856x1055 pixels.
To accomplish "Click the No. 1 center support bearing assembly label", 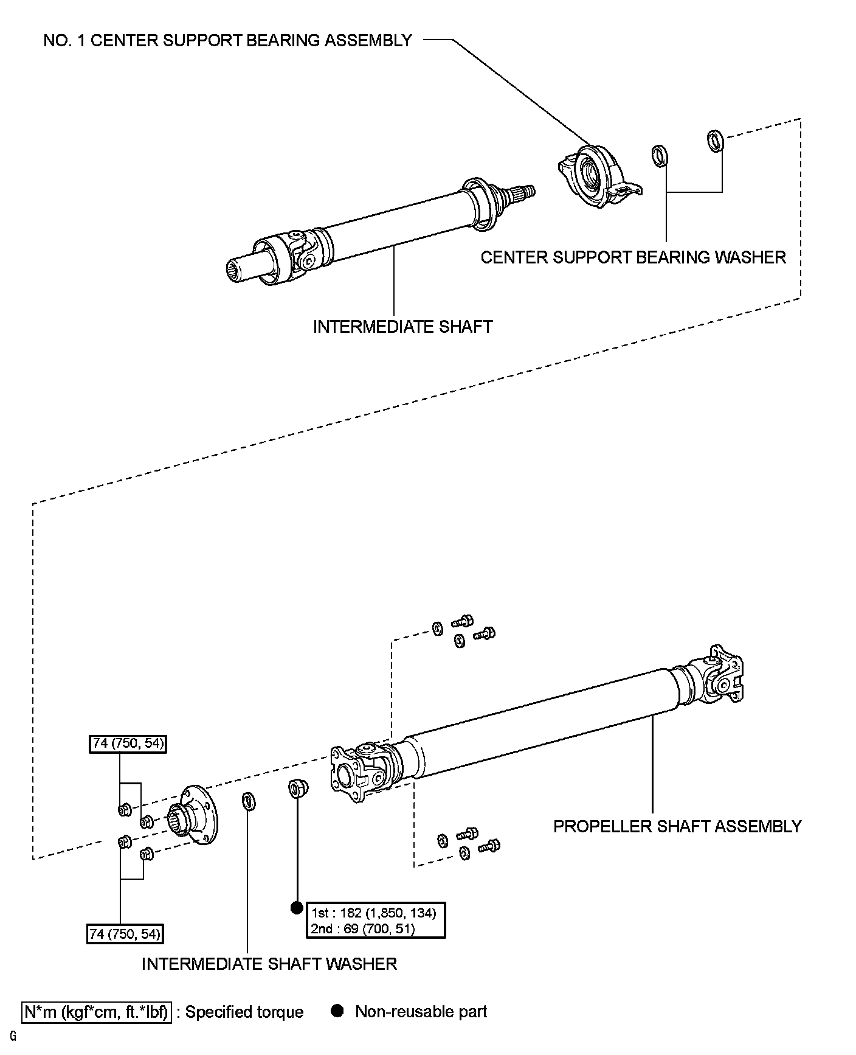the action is point(228,41).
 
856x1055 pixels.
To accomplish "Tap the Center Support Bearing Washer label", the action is point(633,257).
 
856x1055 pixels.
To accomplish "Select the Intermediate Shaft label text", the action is point(402,327).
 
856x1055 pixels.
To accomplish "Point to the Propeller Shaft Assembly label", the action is point(677,826).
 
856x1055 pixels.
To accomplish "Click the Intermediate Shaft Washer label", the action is point(269,964).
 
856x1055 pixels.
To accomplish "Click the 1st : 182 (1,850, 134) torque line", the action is point(373,913).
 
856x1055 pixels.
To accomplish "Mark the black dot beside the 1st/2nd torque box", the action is point(297,908).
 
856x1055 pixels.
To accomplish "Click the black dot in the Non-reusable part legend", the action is point(337,1011).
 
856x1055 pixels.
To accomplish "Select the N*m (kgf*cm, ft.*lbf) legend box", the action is point(97,1012).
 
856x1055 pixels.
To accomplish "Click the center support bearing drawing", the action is point(599,175).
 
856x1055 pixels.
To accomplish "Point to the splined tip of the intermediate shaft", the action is point(523,192).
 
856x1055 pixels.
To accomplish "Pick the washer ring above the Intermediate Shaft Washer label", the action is point(249,801).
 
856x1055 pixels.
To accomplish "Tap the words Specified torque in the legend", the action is point(244,1012).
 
